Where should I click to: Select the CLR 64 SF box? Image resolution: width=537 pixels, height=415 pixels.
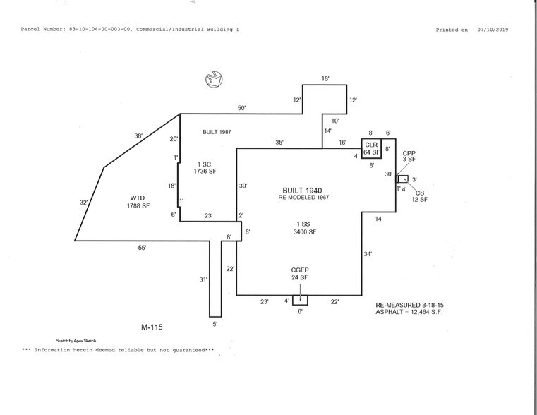click(371, 148)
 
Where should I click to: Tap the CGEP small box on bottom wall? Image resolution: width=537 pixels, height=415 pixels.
click(300, 300)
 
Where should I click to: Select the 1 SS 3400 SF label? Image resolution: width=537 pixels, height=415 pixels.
click(300, 227)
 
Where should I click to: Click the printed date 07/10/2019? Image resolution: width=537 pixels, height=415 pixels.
click(493, 30)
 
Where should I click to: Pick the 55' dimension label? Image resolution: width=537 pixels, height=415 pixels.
click(141, 248)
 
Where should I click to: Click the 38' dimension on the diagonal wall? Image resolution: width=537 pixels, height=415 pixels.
click(139, 136)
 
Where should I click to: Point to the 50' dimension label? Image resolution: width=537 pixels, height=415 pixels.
click(241, 108)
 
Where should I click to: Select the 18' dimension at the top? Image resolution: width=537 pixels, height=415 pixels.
click(325, 79)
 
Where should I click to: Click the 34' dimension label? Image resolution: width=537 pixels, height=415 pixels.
click(367, 253)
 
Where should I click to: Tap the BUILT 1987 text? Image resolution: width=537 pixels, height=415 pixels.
click(217, 132)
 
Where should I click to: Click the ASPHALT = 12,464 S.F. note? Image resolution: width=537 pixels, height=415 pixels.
click(413, 311)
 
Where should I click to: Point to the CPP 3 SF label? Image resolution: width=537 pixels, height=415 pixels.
click(409, 156)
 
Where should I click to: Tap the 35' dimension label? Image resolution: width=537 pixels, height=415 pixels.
click(279, 143)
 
